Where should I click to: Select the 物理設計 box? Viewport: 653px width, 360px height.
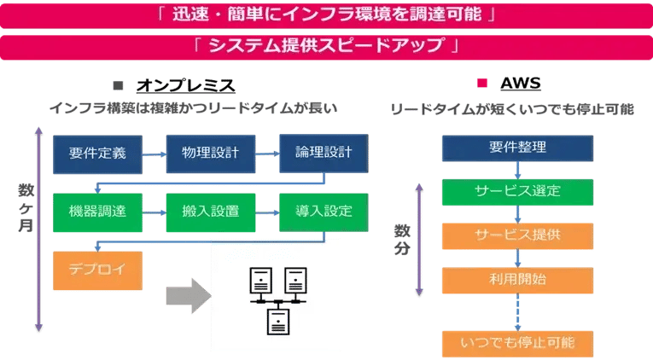[210, 154]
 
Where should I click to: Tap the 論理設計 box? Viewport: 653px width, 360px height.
[323, 154]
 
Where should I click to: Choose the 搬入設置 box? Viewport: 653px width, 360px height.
[210, 211]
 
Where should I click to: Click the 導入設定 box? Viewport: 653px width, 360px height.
[323, 211]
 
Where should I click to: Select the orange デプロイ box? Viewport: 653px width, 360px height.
[96, 269]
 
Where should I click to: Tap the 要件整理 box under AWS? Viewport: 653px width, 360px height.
[517, 148]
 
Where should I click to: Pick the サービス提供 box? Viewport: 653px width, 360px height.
[517, 234]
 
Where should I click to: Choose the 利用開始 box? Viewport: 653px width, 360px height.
[517, 279]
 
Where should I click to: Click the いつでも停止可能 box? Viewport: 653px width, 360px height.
[517, 343]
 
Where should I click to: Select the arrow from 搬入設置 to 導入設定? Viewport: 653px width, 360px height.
[265, 211]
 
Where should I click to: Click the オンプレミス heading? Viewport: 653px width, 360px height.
[185, 85]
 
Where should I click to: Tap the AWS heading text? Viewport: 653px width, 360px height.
[520, 84]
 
